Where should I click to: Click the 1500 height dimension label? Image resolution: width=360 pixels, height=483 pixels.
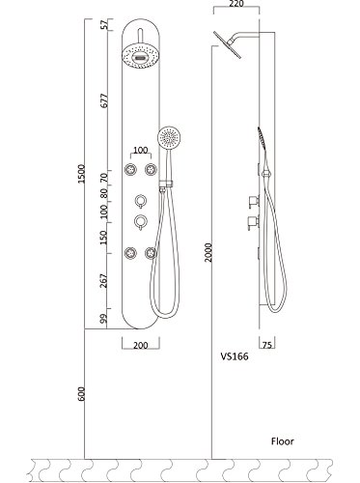point(81,174)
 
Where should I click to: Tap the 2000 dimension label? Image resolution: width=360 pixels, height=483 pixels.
point(208,252)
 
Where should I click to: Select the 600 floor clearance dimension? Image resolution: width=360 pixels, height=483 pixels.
point(81,394)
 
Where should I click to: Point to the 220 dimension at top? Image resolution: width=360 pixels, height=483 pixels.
point(236,4)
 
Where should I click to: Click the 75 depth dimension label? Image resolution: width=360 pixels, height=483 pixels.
point(267,345)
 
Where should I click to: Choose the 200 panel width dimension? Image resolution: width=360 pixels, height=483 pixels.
point(141,346)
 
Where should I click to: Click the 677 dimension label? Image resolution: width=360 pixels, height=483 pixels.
point(104,100)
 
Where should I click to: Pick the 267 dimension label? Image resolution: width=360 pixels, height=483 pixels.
point(103,281)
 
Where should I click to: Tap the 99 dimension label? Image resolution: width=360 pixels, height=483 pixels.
point(103,320)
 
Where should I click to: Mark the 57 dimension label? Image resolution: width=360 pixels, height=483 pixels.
point(103,24)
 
